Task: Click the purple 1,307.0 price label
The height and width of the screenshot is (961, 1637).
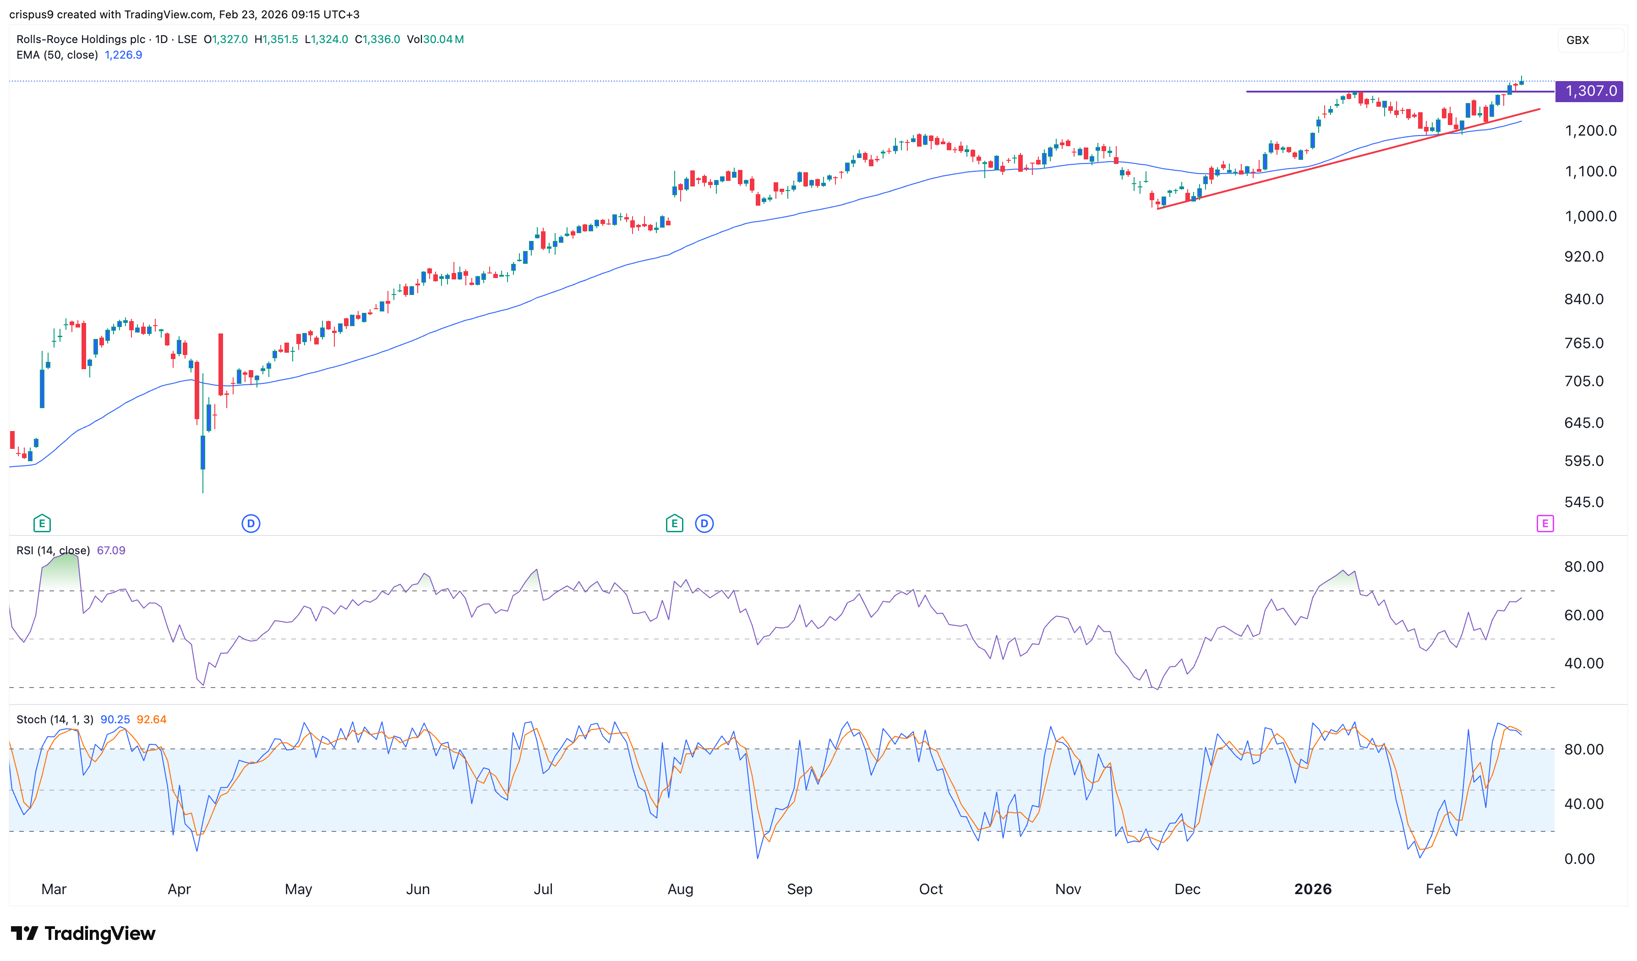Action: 1589,91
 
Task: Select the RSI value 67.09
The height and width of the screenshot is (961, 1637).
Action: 111,550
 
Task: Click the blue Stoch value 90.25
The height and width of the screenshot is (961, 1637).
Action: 115,719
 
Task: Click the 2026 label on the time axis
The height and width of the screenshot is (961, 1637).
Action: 1312,889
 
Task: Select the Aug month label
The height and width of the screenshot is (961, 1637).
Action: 680,889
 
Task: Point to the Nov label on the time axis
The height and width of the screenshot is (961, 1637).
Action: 1068,889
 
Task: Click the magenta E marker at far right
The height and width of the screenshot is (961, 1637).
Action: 1545,523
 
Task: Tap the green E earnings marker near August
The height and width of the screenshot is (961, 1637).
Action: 674,523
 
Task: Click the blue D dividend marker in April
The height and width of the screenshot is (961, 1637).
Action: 251,523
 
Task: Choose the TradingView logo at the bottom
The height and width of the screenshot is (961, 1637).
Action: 83,934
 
